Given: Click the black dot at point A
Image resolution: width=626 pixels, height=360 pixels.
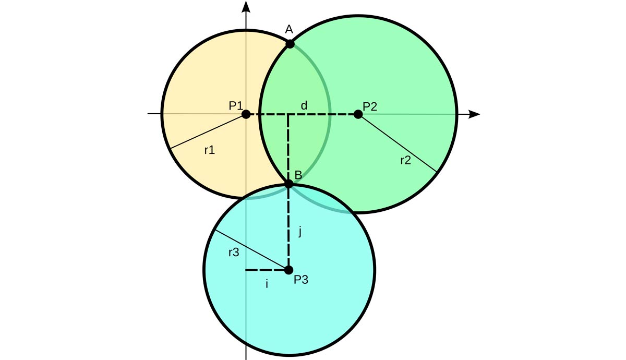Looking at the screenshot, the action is (290, 44).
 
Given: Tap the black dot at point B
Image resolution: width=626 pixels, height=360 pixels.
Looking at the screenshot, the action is (289, 184).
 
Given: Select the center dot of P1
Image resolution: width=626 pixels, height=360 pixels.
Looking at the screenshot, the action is (246, 114).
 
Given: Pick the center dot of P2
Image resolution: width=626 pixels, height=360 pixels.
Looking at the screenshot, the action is (358, 114).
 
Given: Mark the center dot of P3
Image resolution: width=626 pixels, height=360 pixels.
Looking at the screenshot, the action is (288, 270).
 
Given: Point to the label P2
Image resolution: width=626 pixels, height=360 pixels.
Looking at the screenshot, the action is (370, 106).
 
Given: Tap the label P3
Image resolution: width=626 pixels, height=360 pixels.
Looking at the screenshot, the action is (301, 280).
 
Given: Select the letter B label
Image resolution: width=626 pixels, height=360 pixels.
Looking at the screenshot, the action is (298, 175).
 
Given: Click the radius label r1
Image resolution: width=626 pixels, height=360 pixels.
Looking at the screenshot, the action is (209, 150).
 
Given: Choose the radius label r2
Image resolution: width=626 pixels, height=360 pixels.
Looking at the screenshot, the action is (405, 160).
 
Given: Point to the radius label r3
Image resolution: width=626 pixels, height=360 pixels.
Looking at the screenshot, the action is (234, 253).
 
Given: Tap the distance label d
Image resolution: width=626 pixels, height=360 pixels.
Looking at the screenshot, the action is (304, 106).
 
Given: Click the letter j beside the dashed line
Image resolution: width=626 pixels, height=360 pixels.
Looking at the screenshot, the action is (299, 232).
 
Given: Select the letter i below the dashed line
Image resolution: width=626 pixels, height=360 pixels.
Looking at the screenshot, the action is (267, 284).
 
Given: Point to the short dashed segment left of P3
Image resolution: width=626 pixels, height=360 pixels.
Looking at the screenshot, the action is (267, 270).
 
